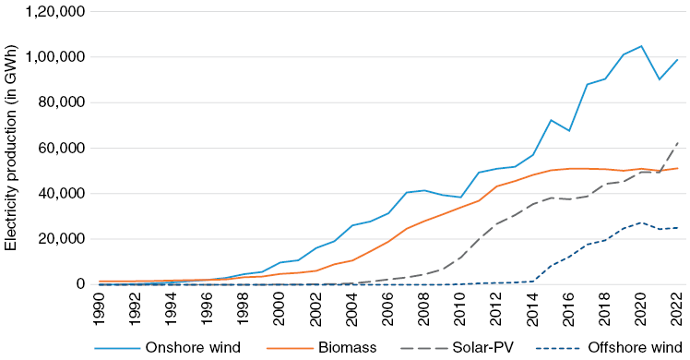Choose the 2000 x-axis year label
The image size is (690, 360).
point(278,308)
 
